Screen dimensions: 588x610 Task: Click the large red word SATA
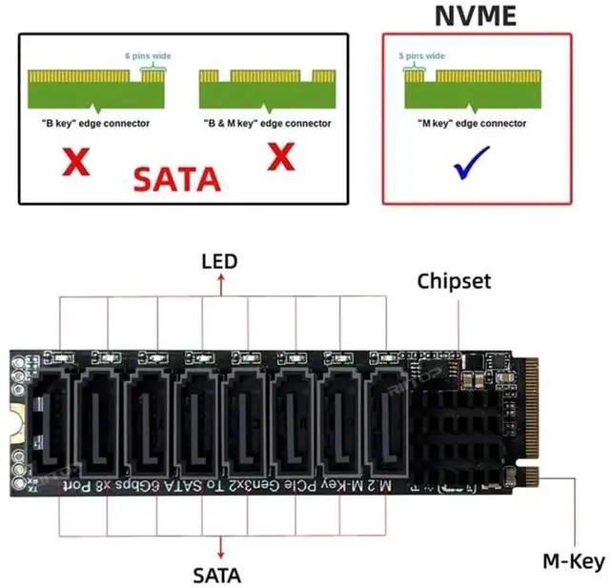176,177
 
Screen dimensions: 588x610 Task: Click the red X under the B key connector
76,162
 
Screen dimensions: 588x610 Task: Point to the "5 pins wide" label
422,56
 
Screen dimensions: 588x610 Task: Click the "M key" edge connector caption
472,124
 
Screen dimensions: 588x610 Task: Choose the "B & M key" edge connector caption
267,124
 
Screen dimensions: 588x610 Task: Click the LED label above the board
220,260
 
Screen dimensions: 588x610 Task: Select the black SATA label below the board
217,575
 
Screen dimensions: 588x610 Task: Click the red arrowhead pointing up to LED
220,278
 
